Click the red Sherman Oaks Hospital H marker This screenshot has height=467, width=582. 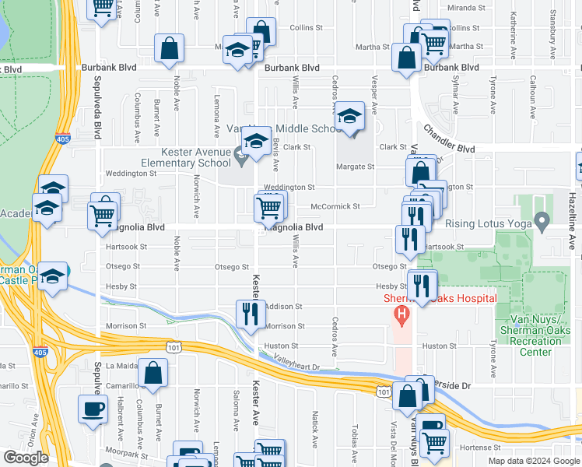click(401, 315)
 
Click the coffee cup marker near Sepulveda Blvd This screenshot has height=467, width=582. click(94, 409)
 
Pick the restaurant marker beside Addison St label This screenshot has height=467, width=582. click(251, 314)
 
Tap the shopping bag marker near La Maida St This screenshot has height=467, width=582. click(155, 373)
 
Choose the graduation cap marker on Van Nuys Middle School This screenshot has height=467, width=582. click(350, 117)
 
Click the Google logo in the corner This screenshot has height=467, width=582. click(26, 458)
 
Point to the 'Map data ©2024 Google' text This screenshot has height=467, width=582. click(534, 461)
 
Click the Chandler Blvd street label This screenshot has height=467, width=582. click(448, 137)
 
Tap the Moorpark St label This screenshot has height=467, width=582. click(127, 451)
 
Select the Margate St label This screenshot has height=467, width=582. click(356, 167)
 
